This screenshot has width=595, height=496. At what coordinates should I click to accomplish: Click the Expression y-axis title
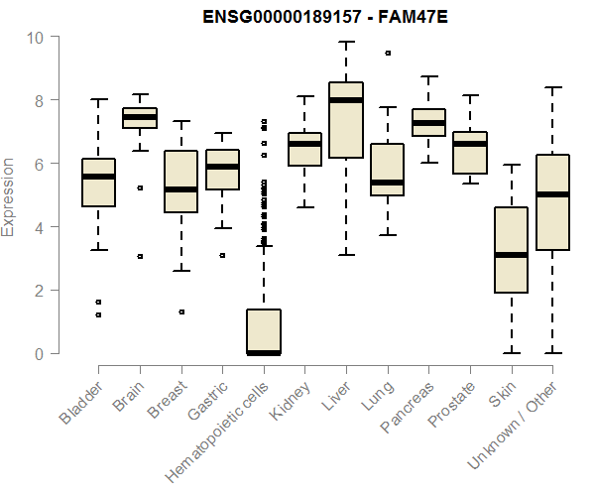pyautogui.click(x=9, y=195)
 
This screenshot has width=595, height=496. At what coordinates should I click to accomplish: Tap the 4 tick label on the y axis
pyautogui.click(x=39, y=227)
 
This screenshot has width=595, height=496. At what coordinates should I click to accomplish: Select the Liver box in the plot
pyautogui.click(x=345, y=119)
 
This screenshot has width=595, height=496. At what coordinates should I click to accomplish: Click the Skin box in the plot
pyautogui.click(x=510, y=250)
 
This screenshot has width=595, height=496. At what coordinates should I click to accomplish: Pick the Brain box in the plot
pyautogui.click(x=140, y=118)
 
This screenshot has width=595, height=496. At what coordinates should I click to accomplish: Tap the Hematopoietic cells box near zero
pyautogui.click(x=263, y=331)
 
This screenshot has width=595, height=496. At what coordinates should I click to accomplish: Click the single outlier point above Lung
pyautogui.click(x=387, y=53)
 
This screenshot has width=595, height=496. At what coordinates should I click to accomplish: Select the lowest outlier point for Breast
pyautogui.click(x=180, y=311)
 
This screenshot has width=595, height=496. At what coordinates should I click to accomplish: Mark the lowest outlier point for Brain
pyautogui.click(x=140, y=256)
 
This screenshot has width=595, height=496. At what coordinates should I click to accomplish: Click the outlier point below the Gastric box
pyautogui.click(x=222, y=255)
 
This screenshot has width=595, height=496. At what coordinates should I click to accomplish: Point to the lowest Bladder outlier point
pyautogui.click(x=98, y=314)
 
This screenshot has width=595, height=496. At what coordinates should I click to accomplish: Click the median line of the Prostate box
pyautogui.click(x=469, y=144)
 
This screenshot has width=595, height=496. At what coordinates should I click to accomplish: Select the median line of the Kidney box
pyautogui.click(x=304, y=144)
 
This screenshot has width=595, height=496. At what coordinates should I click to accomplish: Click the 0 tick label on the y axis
pyautogui.click(x=39, y=354)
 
